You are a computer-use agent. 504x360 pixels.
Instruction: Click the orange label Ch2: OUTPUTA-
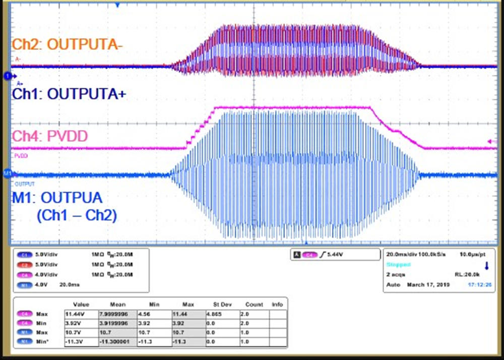tap(68, 44)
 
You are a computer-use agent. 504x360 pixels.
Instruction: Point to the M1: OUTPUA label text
tap(65, 195)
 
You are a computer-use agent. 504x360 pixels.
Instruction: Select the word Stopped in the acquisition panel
tap(398, 264)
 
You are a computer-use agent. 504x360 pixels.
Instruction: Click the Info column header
tap(277, 305)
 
